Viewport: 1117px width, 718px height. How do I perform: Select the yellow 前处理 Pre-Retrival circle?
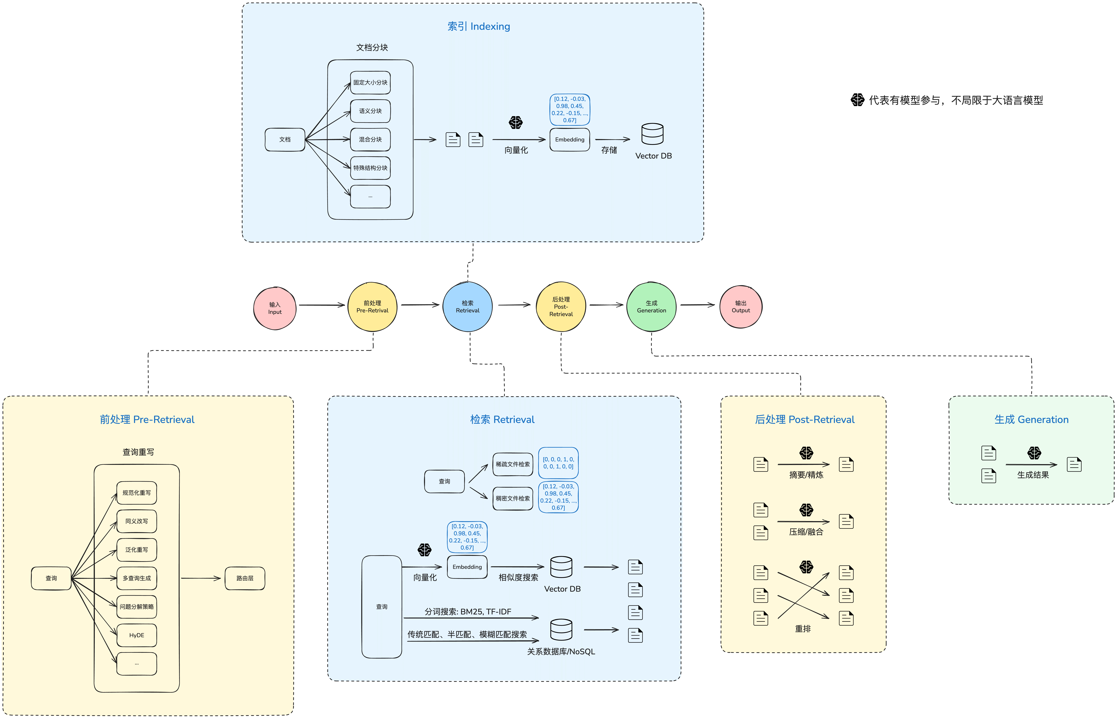point(372,307)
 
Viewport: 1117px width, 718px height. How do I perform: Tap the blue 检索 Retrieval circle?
point(468,307)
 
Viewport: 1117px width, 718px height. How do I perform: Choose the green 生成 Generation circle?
point(651,307)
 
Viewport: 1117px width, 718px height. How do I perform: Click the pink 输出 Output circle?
point(741,307)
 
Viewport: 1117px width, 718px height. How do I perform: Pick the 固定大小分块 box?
point(370,82)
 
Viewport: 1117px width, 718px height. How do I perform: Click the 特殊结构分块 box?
point(370,168)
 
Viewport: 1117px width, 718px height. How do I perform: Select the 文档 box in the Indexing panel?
point(285,139)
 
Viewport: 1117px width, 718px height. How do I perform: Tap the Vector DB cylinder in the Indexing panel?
point(652,134)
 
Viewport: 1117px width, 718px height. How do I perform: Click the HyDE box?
point(137,635)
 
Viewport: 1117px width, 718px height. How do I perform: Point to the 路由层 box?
point(245,578)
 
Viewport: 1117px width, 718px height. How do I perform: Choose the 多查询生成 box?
point(137,578)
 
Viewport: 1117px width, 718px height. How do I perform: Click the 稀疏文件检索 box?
point(513,464)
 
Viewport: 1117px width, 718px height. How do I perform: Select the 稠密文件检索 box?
point(513,498)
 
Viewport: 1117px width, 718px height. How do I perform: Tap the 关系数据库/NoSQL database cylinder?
point(561,630)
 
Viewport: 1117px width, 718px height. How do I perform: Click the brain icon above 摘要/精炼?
point(806,453)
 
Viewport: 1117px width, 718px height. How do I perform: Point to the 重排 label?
point(803,629)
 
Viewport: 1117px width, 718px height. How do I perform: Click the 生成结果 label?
point(1033,475)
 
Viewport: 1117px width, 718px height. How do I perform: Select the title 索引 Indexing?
point(479,27)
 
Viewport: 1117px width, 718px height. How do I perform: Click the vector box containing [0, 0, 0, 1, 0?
point(558,463)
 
